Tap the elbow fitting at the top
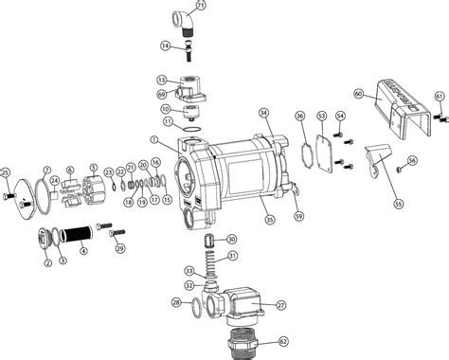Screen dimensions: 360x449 [x=180, y=20]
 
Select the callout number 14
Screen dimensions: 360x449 [x=165, y=45]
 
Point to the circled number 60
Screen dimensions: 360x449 [x=359, y=94]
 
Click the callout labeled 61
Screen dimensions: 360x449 [x=439, y=97]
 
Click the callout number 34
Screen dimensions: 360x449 [x=264, y=113]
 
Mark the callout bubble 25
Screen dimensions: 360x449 [x=6, y=171]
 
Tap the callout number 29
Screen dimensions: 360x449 [x=120, y=248]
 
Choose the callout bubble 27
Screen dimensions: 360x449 [x=280, y=304]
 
